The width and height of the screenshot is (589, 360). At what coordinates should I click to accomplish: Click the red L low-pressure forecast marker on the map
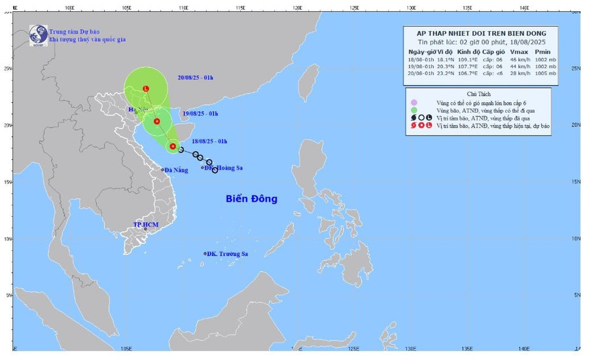tap(145, 89)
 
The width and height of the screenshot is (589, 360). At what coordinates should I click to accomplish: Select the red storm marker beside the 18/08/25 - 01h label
tap(173, 146)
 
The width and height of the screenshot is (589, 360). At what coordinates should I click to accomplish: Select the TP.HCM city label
tap(146, 225)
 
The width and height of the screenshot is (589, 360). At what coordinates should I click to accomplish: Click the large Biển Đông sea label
tap(251, 198)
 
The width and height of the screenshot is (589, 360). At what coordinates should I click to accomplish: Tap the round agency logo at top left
tap(38, 34)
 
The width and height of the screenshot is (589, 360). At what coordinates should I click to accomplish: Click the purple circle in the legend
tap(413, 103)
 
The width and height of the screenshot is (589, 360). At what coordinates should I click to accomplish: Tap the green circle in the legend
tap(413, 111)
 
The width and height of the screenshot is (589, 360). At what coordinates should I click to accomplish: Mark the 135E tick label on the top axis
tap(467, 8)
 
